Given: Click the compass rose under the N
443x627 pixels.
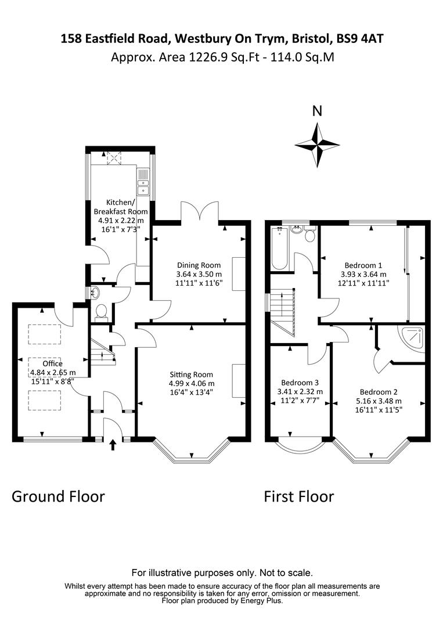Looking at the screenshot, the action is click(x=318, y=145).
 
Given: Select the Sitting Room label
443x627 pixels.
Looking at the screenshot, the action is click(x=191, y=374).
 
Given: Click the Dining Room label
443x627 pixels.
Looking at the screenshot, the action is click(x=199, y=265).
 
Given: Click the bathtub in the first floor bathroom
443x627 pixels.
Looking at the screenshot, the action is click(x=279, y=248).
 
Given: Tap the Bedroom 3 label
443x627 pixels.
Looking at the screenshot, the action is click(x=300, y=383).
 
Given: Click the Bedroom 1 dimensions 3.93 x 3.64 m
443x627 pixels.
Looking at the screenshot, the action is click(x=363, y=274).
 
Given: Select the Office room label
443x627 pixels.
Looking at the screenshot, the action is click(x=53, y=363).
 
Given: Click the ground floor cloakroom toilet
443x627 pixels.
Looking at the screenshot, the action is click(x=102, y=312).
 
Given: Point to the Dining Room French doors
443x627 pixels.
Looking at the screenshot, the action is click(x=200, y=211).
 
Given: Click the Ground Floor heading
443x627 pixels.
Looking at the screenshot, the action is click(x=59, y=496).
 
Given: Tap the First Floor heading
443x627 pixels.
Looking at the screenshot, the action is click(x=298, y=496).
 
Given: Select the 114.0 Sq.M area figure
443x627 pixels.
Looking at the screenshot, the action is click(x=302, y=57).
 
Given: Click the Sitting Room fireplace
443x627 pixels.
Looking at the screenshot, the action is click(x=239, y=381).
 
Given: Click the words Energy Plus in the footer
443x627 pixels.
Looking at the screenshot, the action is click(x=260, y=601).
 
